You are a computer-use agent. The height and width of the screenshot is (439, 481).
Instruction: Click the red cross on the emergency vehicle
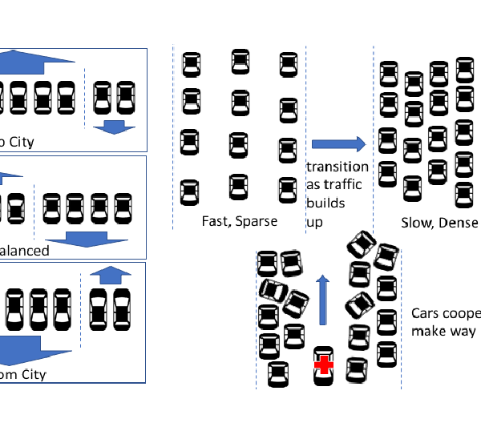pos(323,365)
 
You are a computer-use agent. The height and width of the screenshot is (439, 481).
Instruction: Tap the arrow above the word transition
pos(338,144)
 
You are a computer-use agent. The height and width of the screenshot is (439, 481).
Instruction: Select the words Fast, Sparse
pos(239,220)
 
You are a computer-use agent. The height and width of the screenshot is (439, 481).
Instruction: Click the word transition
pos(338,167)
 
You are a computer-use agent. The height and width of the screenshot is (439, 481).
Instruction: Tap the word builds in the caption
pos(325,203)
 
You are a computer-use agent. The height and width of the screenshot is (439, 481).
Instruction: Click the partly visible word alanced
pos(24,251)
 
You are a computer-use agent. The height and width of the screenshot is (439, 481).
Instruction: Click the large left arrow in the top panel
pos(40,62)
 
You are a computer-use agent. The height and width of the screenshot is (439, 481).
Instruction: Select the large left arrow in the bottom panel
pos(32,349)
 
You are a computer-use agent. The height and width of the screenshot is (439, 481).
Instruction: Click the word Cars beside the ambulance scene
pos(426,314)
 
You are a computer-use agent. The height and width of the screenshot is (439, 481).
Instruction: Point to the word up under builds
pos(314,222)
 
